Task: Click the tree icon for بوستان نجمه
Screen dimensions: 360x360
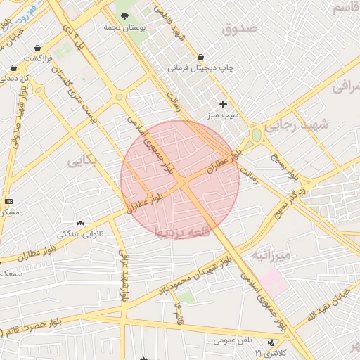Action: tap(124, 15)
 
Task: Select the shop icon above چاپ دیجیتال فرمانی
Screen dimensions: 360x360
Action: tap(201, 57)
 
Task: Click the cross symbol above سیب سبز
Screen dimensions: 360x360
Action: tap(224, 104)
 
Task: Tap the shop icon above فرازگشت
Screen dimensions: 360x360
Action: tap(37, 48)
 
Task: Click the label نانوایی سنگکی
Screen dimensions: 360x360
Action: tap(79, 233)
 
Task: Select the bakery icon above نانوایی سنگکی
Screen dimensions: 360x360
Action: tap(79, 222)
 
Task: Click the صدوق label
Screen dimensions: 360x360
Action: tap(240, 29)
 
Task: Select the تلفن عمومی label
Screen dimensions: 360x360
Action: tap(233, 342)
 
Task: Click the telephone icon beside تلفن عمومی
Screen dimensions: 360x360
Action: tap(271, 342)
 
